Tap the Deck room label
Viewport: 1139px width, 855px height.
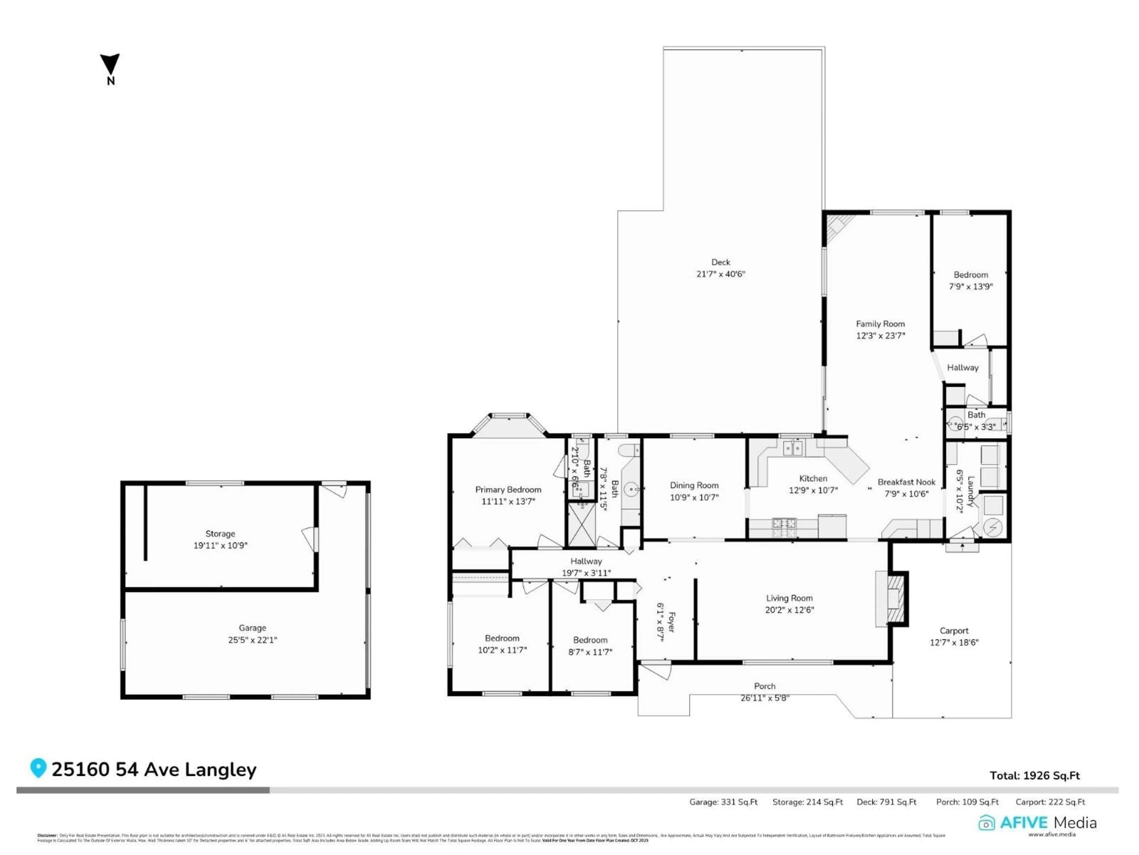coord(720,262)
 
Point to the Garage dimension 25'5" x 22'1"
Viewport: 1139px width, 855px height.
coord(252,640)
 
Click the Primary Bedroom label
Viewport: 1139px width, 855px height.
coord(508,490)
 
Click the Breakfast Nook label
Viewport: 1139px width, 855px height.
coord(906,482)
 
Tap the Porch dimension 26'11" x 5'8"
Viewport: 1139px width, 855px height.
coord(765,698)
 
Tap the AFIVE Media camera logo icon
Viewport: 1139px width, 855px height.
coord(986,823)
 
